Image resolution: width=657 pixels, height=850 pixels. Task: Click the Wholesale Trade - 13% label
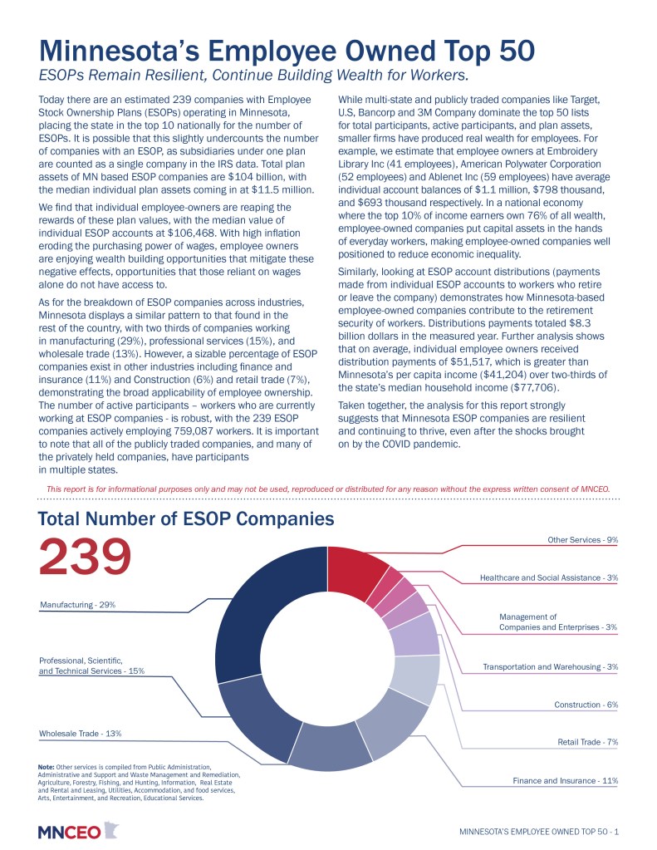coord(81,734)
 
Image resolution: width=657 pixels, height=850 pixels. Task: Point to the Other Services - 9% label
coord(582,540)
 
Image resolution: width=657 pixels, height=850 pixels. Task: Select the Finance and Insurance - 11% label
coord(566,781)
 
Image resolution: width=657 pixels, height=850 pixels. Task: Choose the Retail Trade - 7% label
coord(587,742)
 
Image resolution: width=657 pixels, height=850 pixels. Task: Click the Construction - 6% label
coord(586,705)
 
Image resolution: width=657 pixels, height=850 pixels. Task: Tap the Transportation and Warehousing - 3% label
coord(550,667)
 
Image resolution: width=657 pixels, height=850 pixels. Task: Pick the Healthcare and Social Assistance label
coord(549,577)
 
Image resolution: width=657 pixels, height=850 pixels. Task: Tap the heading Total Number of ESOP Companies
coord(187,519)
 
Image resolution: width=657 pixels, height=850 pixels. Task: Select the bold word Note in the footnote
coord(47,766)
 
